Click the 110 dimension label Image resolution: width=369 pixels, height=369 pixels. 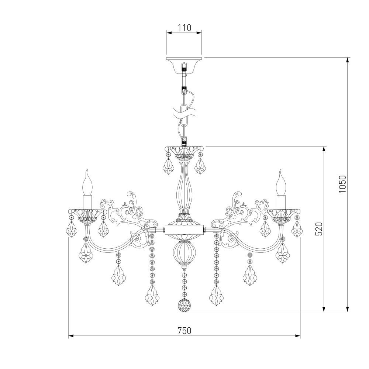[184, 28]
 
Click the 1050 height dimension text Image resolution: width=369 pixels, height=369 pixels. [343, 184]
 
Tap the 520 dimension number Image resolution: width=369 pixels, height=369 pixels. [319, 229]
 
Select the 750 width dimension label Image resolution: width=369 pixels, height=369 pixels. [184, 331]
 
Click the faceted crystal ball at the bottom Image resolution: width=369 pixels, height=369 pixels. [184, 305]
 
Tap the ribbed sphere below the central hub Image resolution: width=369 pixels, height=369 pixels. [184, 252]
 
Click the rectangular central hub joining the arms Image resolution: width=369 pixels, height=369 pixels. [184, 229]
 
